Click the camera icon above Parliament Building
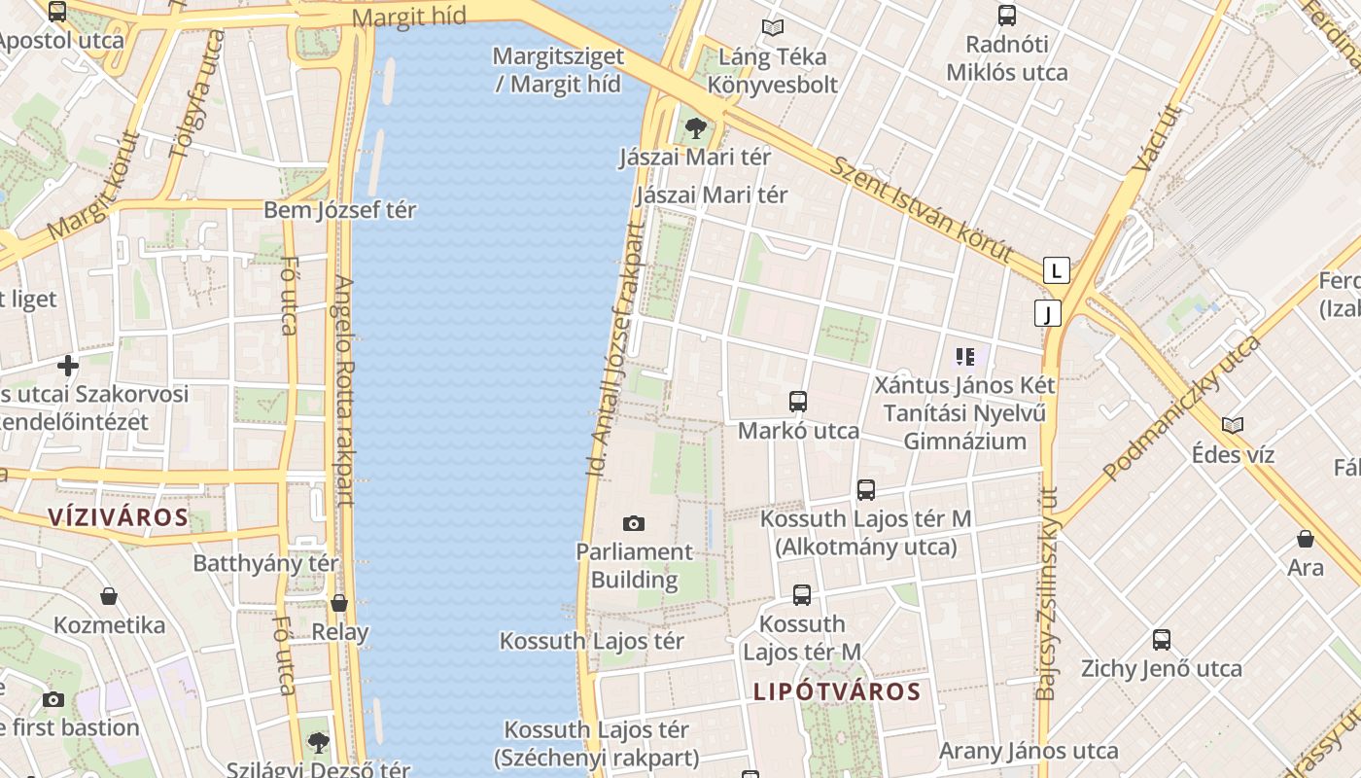(x=634, y=524)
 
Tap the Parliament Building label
(x=635, y=566)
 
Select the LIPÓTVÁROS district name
(x=837, y=691)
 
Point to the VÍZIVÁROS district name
(x=119, y=516)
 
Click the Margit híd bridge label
(x=408, y=17)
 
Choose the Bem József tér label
(x=340, y=210)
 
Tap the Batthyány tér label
(x=265, y=563)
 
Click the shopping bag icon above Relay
(x=339, y=603)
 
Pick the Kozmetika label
(x=109, y=624)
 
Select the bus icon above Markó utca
(x=798, y=401)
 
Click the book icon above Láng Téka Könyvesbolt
(x=773, y=28)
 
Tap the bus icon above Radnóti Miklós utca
(x=1007, y=16)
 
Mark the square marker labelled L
(x=1057, y=269)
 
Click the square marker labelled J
(x=1047, y=313)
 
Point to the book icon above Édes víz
(x=1233, y=426)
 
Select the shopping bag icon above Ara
(x=1306, y=539)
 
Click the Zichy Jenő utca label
(x=1162, y=668)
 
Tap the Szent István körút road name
(x=922, y=208)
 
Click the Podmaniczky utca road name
(x=1182, y=408)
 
